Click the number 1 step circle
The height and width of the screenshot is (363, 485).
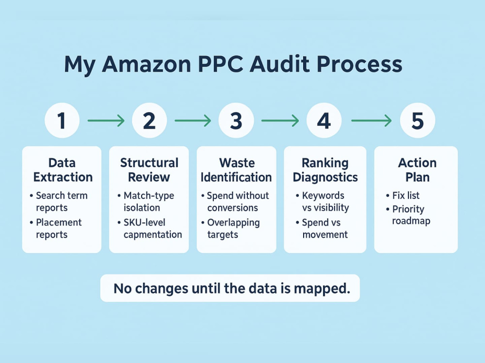click(x=62, y=120)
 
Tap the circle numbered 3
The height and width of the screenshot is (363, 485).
click(x=236, y=120)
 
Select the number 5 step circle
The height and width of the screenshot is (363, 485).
click(x=418, y=120)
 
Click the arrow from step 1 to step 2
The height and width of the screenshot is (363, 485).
click(x=106, y=121)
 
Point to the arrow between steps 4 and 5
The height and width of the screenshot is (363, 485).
click(x=371, y=121)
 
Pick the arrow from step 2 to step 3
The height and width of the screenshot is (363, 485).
click(x=193, y=121)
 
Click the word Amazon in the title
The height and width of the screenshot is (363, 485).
click(x=146, y=64)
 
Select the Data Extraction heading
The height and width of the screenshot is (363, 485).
click(x=63, y=170)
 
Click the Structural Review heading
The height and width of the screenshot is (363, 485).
click(x=149, y=170)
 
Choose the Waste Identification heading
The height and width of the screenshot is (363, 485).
click(x=236, y=170)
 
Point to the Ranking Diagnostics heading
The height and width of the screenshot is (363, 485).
click(x=325, y=170)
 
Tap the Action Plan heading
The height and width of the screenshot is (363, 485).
click(x=417, y=170)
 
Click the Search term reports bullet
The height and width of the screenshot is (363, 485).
click(x=59, y=201)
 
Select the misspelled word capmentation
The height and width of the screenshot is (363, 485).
click(x=153, y=235)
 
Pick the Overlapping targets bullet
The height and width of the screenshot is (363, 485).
click(x=230, y=228)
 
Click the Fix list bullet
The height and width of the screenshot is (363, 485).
click(x=403, y=196)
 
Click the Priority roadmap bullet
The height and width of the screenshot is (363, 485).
click(x=408, y=215)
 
